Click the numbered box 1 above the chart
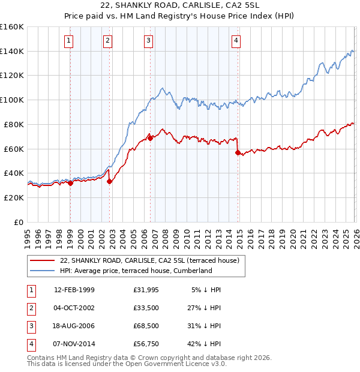(70, 41)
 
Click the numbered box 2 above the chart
(107, 41)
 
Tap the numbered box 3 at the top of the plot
(148, 41)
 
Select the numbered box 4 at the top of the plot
(236, 41)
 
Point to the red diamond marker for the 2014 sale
(238, 152)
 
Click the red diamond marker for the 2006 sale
(150, 138)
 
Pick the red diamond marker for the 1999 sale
(70, 183)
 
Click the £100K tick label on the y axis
(12, 100)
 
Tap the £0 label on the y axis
(18, 222)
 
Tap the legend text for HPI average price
(136, 271)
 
